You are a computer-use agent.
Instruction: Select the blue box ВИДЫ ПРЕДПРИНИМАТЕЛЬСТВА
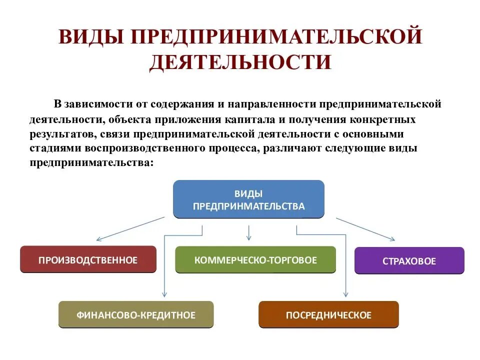click(248, 199)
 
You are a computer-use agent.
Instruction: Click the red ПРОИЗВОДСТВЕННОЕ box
click(88, 259)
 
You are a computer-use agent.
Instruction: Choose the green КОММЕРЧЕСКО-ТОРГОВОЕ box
click(255, 260)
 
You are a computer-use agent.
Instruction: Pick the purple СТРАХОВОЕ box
click(409, 261)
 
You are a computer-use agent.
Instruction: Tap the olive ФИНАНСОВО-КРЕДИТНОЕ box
click(136, 315)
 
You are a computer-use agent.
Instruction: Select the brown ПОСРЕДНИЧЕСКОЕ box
click(328, 315)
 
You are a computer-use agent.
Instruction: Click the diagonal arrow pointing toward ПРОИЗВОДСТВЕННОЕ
click(130, 229)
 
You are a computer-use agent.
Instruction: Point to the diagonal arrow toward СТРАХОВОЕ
click(365, 229)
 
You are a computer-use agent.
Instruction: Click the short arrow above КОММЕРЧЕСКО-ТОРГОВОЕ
click(249, 232)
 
